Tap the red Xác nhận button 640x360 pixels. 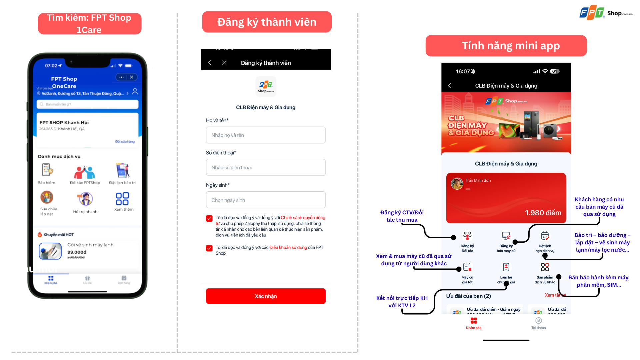[x=266, y=296]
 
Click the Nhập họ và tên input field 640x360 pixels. [x=266, y=135]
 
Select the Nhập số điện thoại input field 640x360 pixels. [x=266, y=167]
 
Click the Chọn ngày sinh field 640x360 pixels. [x=266, y=200]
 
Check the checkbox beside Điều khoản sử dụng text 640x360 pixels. [x=209, y=248]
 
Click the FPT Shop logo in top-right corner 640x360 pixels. [x=605, y=13]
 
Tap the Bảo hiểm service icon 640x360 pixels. [x=47, y=170]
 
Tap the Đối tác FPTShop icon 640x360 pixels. [x=85, y=172]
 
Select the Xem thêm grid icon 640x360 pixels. [x=122, y=199]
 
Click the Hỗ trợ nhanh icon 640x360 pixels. [x=85, y=199]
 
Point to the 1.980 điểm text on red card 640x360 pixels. [x=543, y=213]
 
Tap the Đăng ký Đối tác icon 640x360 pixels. [x=467, y=236]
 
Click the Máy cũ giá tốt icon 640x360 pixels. [x=467, y=267]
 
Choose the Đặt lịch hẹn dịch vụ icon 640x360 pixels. [x=545, y=236]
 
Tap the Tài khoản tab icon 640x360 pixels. [x=538, y=321]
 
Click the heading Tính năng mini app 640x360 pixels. [x=510, y=46]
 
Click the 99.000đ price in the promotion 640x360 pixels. [x=77, y=252]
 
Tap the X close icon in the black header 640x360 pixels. [x=224, y=63]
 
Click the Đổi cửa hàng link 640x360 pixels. [x=125, y=141]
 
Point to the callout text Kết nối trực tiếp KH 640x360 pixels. [x=402, y=298]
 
